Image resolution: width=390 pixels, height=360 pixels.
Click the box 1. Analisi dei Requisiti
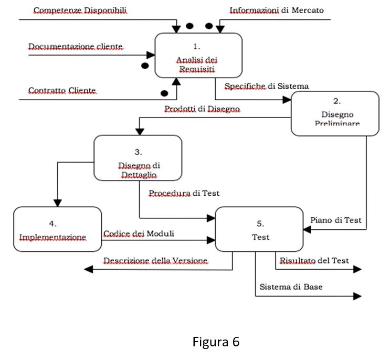[198, 55]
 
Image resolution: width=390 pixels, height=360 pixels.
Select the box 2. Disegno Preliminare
[335, 113]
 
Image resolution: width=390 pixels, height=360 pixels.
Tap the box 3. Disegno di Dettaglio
[138, 157]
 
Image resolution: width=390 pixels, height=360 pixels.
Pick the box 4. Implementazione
[57, 229]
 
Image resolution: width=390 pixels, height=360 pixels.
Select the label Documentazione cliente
[76, 47]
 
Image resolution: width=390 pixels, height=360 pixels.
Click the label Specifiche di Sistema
[267, 86]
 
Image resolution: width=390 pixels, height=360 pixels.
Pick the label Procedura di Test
[184, 193]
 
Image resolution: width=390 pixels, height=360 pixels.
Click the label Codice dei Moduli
[138, 234]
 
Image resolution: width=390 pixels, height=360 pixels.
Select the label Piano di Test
[336, 220]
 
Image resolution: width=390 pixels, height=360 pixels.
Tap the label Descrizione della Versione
[155, 260]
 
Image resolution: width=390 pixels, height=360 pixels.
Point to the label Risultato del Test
[314, 260]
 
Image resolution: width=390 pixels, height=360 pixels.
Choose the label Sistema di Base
[291, 287]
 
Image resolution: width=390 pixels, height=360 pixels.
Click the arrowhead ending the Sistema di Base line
[358, 296]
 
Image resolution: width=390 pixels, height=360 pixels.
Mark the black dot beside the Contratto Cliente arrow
[164, 93]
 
